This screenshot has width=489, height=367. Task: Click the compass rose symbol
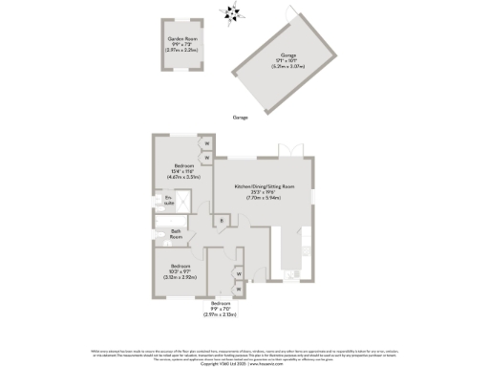point(232,13)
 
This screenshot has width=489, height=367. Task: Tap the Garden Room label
point(181,44)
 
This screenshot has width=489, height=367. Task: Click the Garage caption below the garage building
point(241,117)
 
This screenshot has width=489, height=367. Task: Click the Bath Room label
point(176,233)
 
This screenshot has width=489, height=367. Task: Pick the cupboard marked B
point(221,221)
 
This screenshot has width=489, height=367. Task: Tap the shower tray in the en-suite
point(187,201)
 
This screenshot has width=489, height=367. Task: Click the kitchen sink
point(304,251)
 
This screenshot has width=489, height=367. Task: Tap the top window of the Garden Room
point(181,21)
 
